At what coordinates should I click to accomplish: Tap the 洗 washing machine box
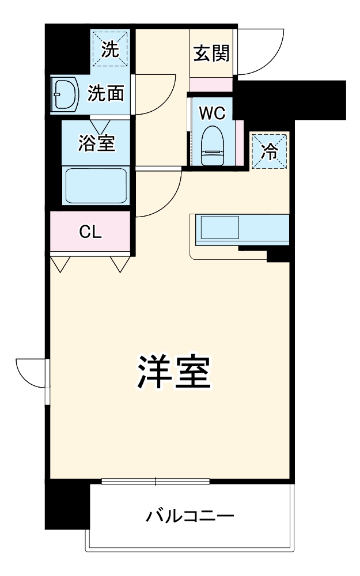click(x=109, y=50)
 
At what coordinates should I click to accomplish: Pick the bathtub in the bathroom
click(x=96, y=185)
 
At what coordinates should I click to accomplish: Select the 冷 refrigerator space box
click(x=268, y=150)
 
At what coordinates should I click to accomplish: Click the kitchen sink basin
click(x=219, y=227)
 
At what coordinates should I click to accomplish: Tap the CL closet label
click(x=90, y=232)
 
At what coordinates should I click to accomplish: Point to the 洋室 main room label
click(x=173, y=374)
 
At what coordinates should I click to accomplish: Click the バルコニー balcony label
click(x=190, y=514)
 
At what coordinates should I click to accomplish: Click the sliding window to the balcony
click(x=156, y=480)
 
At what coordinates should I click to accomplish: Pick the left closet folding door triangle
click(x=60, y=263)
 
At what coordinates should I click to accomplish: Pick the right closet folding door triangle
click(x=120, y=263)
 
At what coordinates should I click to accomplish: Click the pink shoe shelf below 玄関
click(x=211, y=84)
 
